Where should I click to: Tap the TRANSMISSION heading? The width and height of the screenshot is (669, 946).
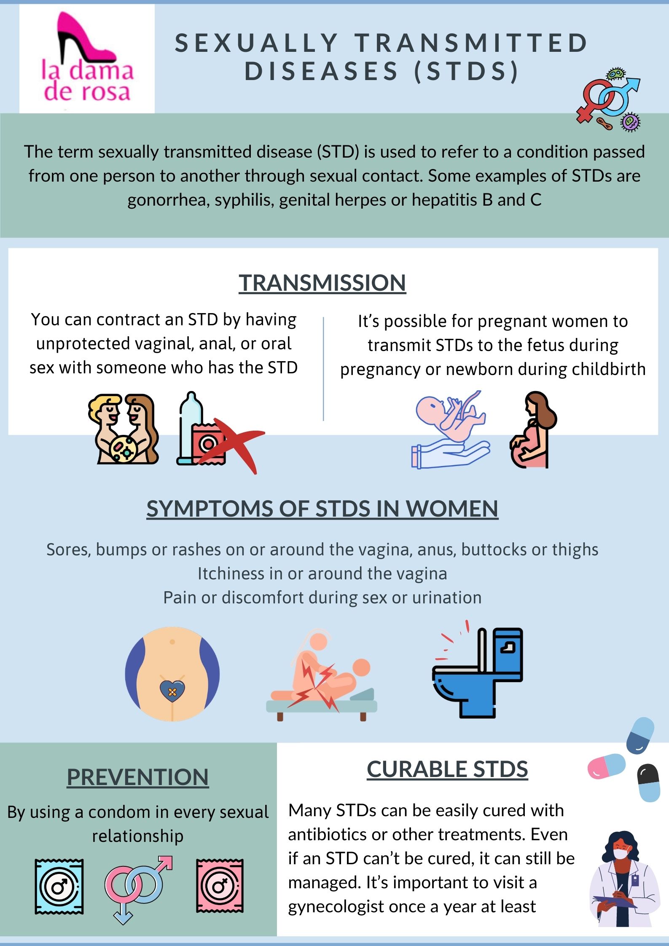(322, 282)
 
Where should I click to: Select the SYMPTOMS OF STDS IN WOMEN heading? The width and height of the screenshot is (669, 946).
(322, 508)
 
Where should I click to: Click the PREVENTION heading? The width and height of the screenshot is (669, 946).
(138, 777)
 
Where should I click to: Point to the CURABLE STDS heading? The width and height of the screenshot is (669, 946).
(447, 769)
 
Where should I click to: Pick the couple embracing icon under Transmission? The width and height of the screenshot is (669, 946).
(124, 429)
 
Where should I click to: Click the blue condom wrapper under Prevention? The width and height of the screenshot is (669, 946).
(59, 887)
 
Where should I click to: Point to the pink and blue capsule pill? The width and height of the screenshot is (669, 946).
(607, 766)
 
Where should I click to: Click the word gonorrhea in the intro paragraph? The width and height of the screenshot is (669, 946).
(168, 200)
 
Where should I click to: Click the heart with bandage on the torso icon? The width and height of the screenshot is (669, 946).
(172, 691)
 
